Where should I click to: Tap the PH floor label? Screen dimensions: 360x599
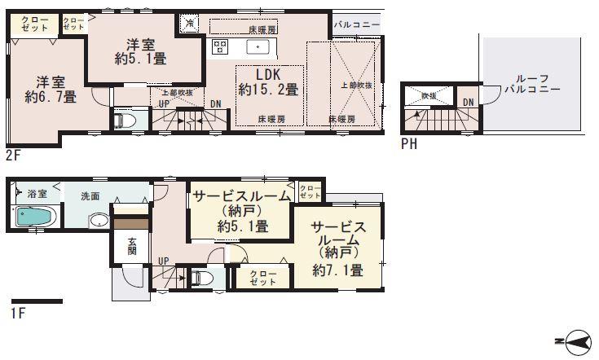tap(410, 146)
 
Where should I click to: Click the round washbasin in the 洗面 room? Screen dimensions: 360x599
tap(99, 221)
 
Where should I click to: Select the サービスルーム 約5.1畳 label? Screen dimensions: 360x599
tap(242, 212)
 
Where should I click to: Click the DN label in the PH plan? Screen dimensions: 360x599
tap(468, 101)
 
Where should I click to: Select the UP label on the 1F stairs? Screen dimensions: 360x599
tap(164, 261)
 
